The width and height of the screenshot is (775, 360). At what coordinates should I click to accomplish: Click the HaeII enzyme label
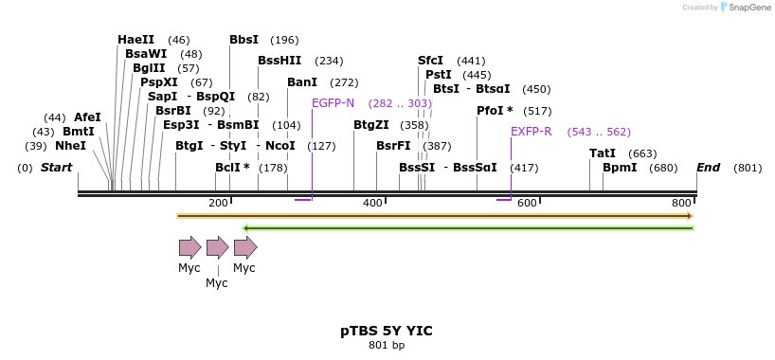135,40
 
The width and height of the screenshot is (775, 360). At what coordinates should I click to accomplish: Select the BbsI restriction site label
243,40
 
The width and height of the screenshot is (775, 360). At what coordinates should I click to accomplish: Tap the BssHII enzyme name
279,61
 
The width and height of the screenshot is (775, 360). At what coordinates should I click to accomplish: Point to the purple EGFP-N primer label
333,103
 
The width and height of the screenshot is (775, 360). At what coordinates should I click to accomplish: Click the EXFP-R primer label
531,132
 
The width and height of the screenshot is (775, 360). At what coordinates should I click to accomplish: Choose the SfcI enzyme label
430,61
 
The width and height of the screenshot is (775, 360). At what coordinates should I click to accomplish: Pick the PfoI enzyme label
491,111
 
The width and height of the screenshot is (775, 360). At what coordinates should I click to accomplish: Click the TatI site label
603,153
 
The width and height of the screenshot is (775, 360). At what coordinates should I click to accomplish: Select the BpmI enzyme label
620,168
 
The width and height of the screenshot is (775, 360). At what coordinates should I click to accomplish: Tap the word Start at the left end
56,168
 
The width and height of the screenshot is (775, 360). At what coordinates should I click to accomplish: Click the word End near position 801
708,168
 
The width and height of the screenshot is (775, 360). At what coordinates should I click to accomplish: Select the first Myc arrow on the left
189,248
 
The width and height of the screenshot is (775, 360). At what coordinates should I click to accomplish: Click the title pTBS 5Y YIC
387,331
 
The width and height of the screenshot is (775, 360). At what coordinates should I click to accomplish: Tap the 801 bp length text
387,345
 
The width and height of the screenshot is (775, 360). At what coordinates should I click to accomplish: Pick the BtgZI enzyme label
370,125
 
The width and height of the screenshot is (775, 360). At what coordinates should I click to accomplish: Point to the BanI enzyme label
302,82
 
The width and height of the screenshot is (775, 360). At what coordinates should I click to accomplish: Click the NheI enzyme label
70,146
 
